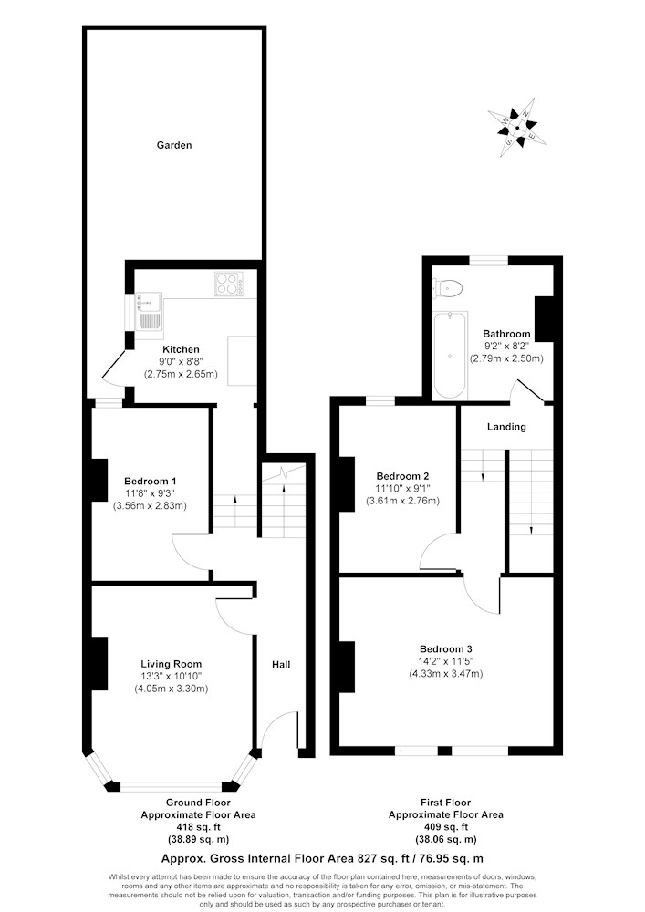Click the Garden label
(x=173, y=145)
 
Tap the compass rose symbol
(x=519, y=128)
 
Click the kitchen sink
(x=150, y=312)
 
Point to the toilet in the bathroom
(x=448, y=287)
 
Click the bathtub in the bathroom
(x=448, y=356)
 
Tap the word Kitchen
(x=181, y=349)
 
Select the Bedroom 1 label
(x=151, y=481)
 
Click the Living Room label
(x=171, y=664)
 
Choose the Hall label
(x=281, y=665)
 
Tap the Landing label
(x=506, y=427)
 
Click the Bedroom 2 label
(x=402, y=476)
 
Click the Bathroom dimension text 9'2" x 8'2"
(x=506, y=347)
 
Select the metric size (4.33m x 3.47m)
(x=445, y=674)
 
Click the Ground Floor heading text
(x=198, y=803)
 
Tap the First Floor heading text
(x=445, y=803)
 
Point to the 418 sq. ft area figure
(x=198, y=826)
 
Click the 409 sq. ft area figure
(x=445, y=826)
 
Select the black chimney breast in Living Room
(x=98, y=664)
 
